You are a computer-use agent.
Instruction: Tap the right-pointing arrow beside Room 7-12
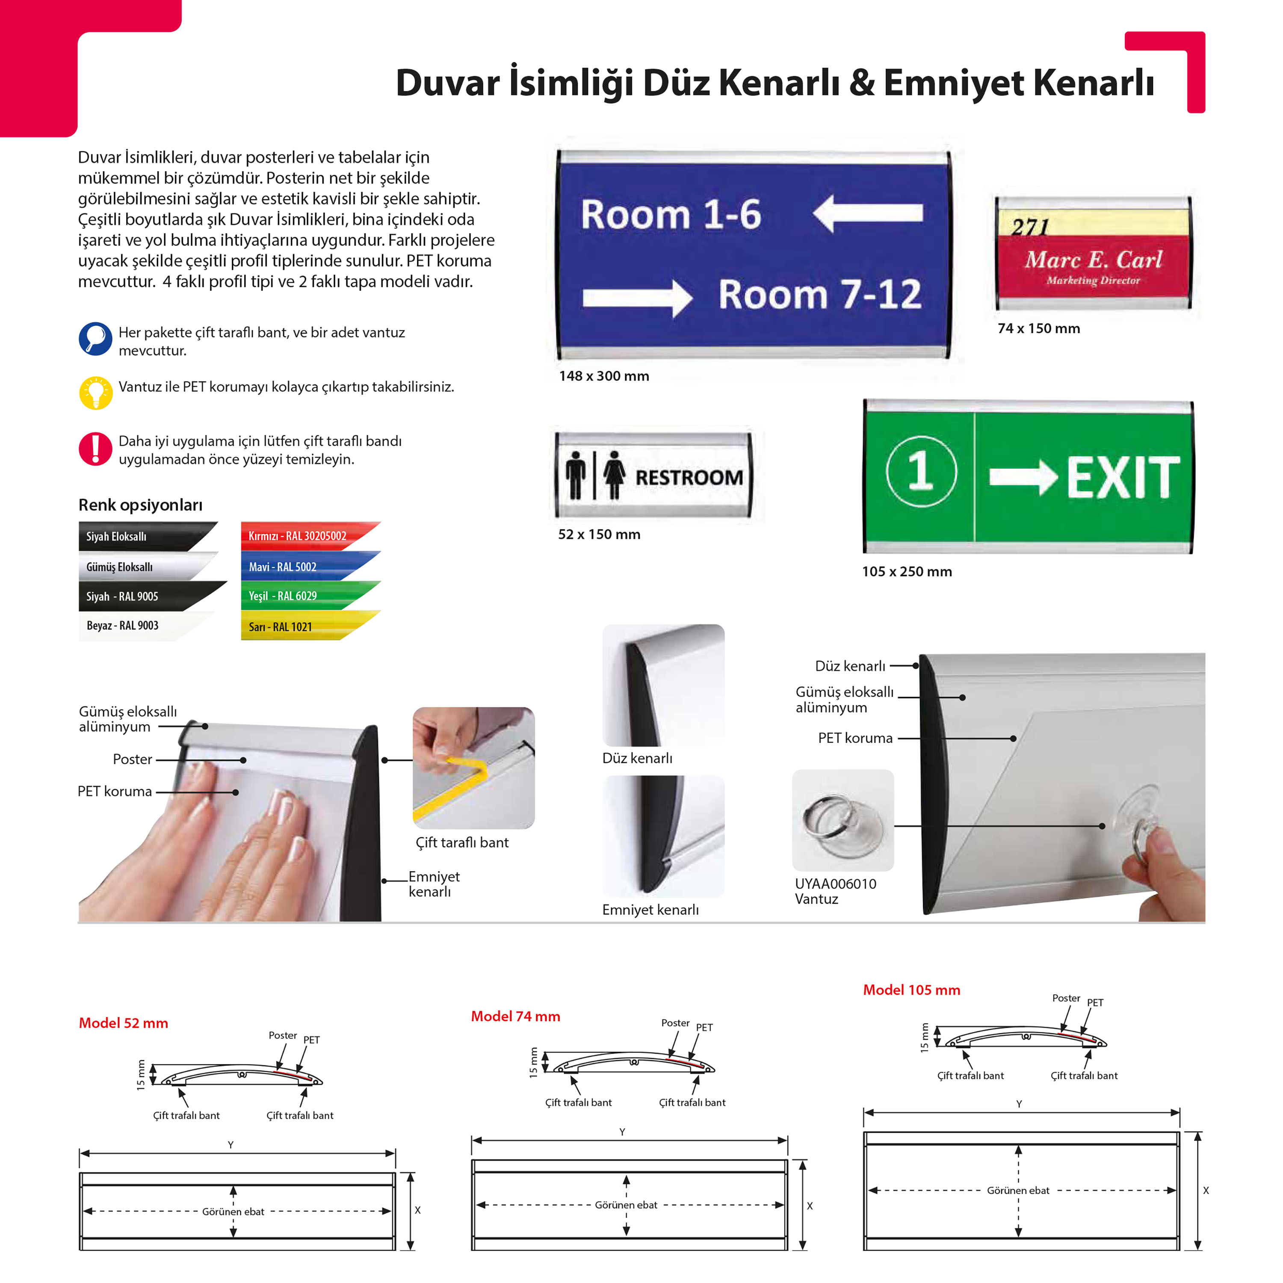coord(638,298)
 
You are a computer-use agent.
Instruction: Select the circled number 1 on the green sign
coord(921,471)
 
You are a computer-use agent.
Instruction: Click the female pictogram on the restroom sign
coord(614,474)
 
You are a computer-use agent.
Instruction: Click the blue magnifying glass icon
coord(96,339)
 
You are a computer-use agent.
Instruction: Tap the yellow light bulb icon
coord(96,393)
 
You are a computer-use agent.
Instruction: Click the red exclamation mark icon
coord(96,449)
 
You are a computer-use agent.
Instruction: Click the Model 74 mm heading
coord(515,1016)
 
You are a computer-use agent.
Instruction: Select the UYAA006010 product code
coord(835,884)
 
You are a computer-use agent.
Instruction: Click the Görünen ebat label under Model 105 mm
coord(1018,1191)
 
